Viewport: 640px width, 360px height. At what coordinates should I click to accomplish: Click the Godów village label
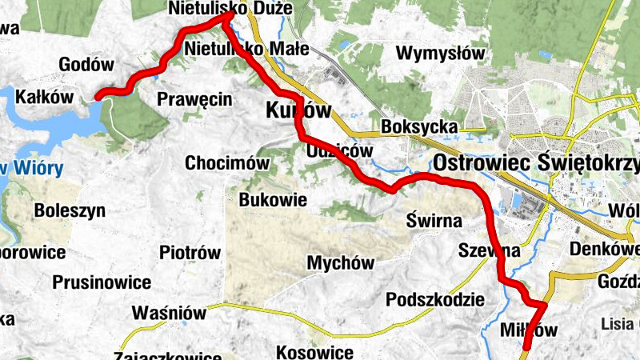click(x=87, y=65)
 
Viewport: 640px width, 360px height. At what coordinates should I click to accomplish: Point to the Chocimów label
click(x=227, y=163)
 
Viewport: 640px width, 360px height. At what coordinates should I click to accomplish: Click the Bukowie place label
click(x=273, y=199)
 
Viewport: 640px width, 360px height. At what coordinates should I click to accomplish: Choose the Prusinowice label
click(x=102, y=282)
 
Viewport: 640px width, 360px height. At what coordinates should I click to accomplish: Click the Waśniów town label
click(x=170, y=312)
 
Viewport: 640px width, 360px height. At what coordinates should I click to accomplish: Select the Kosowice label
click(x=314, y=352)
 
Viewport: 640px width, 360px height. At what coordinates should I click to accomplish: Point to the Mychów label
click(x=341, y=262)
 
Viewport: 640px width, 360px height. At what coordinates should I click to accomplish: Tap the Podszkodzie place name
click(x=435, y=300)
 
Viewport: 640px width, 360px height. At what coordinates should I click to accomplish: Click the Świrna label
click(x=432, y=218)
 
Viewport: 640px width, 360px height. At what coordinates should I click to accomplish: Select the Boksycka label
click(x=420, y=127)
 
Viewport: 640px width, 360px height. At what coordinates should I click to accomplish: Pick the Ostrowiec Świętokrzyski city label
click(x=536, y=163)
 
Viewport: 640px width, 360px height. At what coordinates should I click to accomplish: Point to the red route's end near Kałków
click(x=98, y=97)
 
